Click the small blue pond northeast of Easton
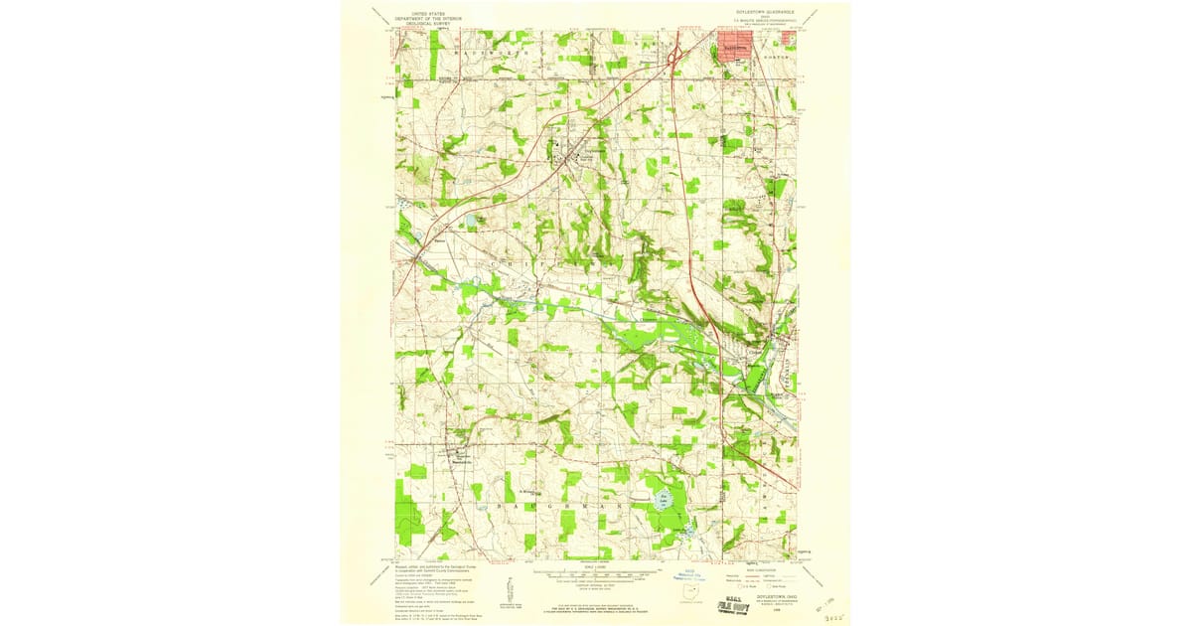(x=470, y=219)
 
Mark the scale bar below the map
(x=596, y=573)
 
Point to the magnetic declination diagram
(x=511, y=588)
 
